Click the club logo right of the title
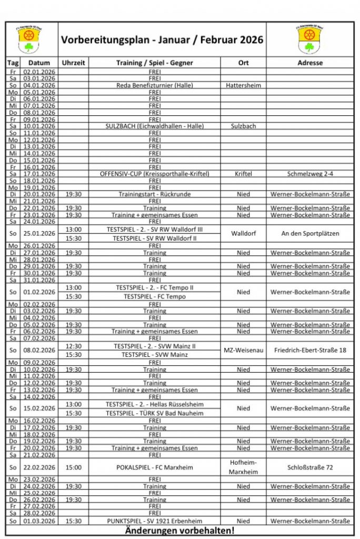(309, 39)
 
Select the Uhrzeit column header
(73, 63)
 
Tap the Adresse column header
(310, 63)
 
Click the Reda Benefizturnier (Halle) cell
(154, 85)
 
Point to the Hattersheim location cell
(243, 85)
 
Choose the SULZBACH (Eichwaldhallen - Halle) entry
(154, 126)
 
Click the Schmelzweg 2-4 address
(310, 174)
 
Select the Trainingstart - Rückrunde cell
(154, 194)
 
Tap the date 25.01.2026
(39, 233)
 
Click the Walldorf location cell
(243, 233)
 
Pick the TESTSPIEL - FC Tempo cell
(154, 296)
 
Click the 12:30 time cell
(73, 346)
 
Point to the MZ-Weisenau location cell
(243, 350)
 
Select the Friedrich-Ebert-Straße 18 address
(310, 350)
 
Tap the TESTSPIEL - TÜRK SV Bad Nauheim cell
(154, 413)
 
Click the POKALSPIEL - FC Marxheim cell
(154, 467)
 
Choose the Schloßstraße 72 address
(310, 467)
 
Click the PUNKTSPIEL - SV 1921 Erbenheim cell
(154, 521)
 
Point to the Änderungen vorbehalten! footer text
(179, 531)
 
